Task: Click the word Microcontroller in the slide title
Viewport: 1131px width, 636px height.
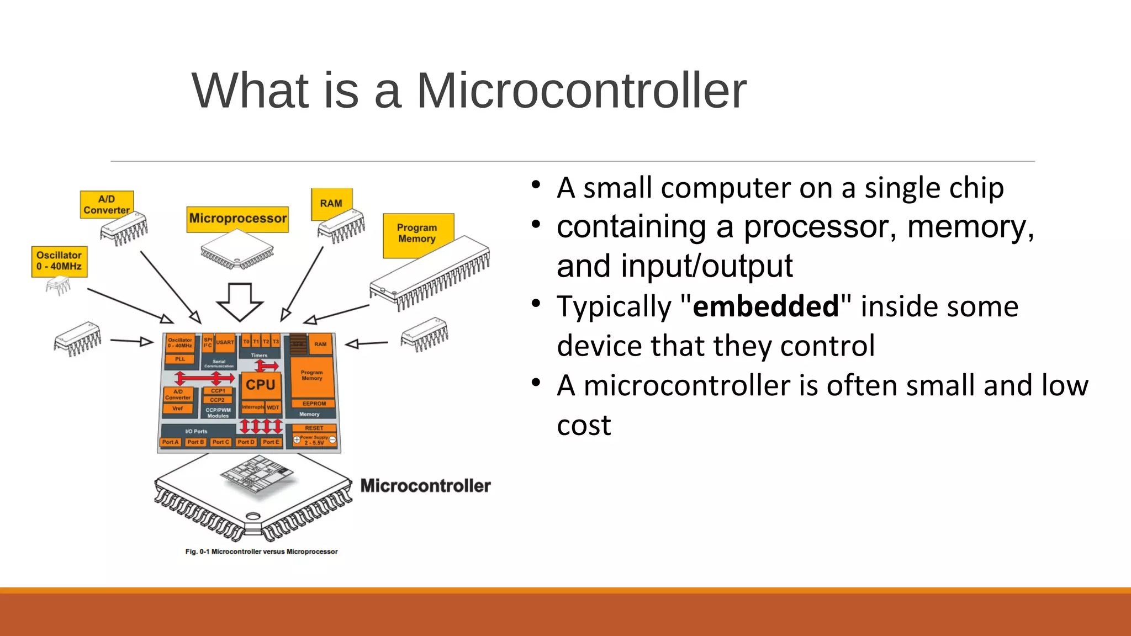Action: pos(581,91)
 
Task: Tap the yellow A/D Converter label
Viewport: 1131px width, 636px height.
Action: pos(107,205)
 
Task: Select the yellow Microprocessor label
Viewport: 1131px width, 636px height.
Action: pos(237,219)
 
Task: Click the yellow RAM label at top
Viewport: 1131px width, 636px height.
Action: pos(331,203)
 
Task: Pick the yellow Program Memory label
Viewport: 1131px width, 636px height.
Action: pos(417,233)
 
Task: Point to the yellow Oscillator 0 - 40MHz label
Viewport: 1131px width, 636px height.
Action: pos(59,261)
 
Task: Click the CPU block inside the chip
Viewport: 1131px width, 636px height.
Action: pos(260,385)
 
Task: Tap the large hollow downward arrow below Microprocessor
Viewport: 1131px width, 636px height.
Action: pos(240,301)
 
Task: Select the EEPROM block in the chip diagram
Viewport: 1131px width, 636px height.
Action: pos(314,404)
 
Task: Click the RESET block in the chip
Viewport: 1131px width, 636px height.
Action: pos(314,428)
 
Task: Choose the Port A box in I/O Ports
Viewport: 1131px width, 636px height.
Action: pos(170,442)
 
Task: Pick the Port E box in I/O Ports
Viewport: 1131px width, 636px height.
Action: pos(271,442)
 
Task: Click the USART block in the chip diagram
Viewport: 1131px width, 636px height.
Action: pos(225,342)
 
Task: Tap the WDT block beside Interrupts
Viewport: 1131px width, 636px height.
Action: pos(273,407)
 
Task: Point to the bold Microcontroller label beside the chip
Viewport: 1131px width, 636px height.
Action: pos(425,486)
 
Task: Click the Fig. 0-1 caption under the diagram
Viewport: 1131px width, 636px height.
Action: pos(261,552)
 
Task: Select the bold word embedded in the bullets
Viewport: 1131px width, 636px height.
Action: pos(765,306)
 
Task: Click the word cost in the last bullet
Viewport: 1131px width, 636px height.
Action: pos(584,425)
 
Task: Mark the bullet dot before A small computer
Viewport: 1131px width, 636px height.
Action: pos(536,185)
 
